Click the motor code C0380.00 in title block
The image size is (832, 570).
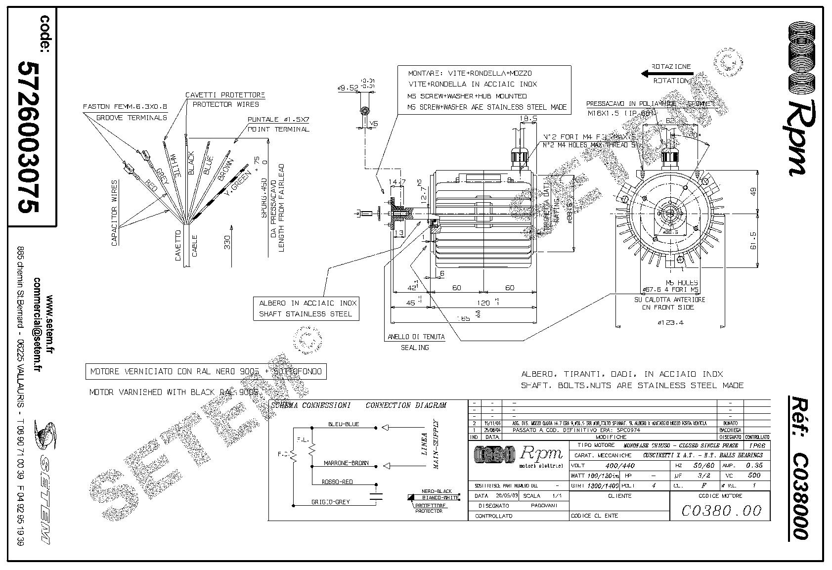[x=721, y=510]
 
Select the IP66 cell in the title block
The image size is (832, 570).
[x=759, y=445]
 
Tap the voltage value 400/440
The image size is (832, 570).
[x=620, y=466]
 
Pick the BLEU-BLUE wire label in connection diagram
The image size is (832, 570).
[x=344, y=424]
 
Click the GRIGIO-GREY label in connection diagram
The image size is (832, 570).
[x=331, y=502]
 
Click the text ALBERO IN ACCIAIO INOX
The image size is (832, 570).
[x=306, y=303]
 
